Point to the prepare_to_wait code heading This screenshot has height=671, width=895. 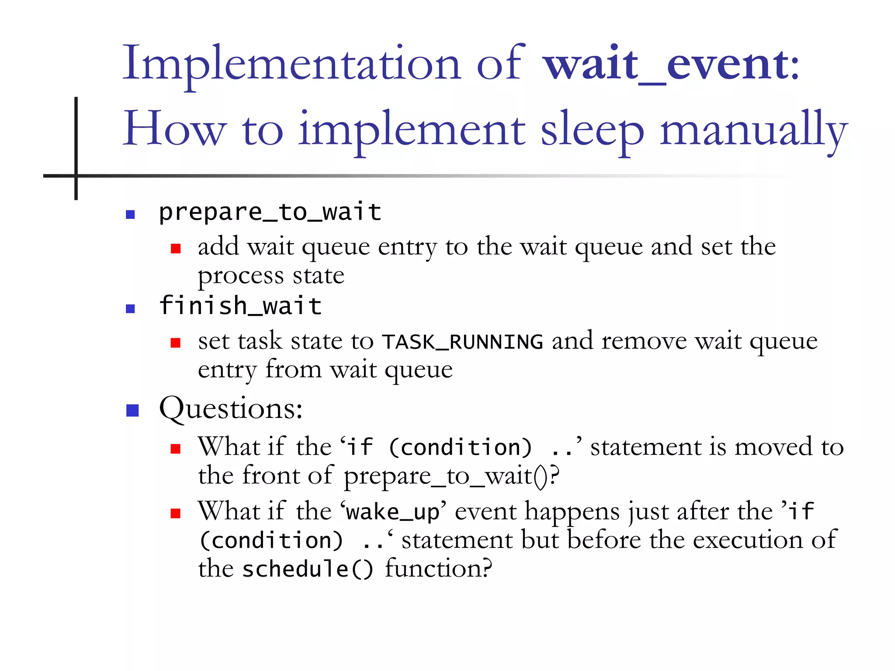click(270, 213)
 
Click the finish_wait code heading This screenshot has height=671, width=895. click(240, 306)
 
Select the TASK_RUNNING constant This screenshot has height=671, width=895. click(462, 342)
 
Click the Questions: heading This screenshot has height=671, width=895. click(231, 409)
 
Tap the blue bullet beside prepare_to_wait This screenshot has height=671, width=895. click(130, 214)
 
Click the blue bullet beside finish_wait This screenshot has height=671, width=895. click(130, 309)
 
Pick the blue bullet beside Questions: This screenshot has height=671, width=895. click(132, 411)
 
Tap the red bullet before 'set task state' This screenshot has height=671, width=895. click(176, 343)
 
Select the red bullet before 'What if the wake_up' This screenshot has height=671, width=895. click(176, 513)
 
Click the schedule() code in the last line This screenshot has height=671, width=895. click(308, 569)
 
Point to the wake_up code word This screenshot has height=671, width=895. click(392, 512)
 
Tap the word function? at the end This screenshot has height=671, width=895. click(438, 569)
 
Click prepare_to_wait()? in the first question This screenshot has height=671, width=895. click(451, 476)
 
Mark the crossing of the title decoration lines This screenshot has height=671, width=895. click(76, 176)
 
